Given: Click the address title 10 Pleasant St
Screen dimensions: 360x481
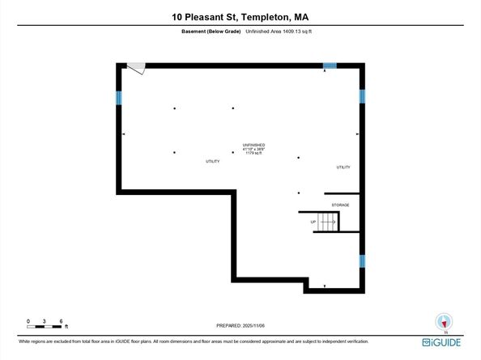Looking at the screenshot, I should (x=240, y=15).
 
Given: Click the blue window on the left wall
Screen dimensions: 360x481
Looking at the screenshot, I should (x=119, y=97).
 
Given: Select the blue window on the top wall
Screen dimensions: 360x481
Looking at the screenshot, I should (x=330, y=66).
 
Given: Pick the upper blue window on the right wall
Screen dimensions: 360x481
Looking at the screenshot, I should (x=362, y=95).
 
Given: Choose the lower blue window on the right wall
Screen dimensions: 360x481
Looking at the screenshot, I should (x=362, y=261).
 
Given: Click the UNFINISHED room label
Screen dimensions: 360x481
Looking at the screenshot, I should (x=255, y=145).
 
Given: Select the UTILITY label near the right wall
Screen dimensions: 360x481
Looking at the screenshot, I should (x=343, y=167).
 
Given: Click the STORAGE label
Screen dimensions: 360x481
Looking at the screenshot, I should (x=340, y=205).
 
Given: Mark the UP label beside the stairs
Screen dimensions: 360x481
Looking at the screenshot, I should (x=313, y=222).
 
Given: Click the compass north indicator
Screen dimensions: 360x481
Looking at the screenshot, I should (x=442, y=321).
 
